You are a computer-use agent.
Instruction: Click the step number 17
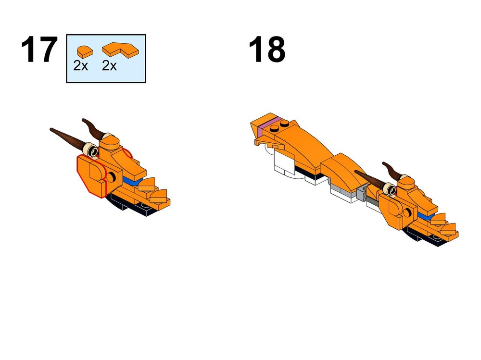coord(39,50)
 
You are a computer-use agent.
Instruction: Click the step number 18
coord(267,50)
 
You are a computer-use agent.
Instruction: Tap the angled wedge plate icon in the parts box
coord(119,49)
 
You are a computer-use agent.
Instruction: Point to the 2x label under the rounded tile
coord(81,66)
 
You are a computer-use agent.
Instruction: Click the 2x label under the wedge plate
coord(110,66)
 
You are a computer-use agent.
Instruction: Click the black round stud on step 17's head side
coord(112,177)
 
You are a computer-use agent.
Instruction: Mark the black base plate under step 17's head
coord(130,204)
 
